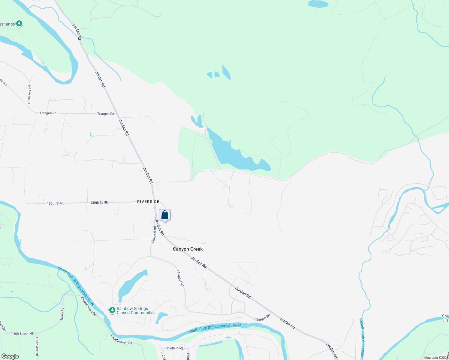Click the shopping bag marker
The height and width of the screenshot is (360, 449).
(x=164, y=215)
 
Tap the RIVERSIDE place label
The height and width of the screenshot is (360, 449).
(x=148, y=202)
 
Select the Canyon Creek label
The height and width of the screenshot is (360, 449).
(x=188, y=249)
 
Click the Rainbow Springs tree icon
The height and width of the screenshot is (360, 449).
(x=112, y=310)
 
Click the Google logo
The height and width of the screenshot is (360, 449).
(x=10, y=356)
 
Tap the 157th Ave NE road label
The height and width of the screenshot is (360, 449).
(x=29, y=94)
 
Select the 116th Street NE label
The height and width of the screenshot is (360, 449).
(x=22, y=334)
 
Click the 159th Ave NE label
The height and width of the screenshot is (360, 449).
(x=37, y=346)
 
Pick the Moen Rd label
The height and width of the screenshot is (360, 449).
(x=62, y=313)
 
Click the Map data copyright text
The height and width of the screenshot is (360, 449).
(x=436, y=358)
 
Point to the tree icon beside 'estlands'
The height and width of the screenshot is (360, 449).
(x=19, y=23)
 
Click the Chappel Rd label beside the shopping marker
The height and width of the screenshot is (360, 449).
(x=154, y=234)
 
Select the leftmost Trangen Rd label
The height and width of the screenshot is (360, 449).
(x=48, y=113)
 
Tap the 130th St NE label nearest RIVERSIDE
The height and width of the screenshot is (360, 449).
(x=99, y=202)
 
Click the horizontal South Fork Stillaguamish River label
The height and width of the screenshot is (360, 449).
(x=215, y=328)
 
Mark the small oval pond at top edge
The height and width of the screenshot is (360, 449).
(x=318, y=4)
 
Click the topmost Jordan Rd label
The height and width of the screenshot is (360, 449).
(x=77, y=32)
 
